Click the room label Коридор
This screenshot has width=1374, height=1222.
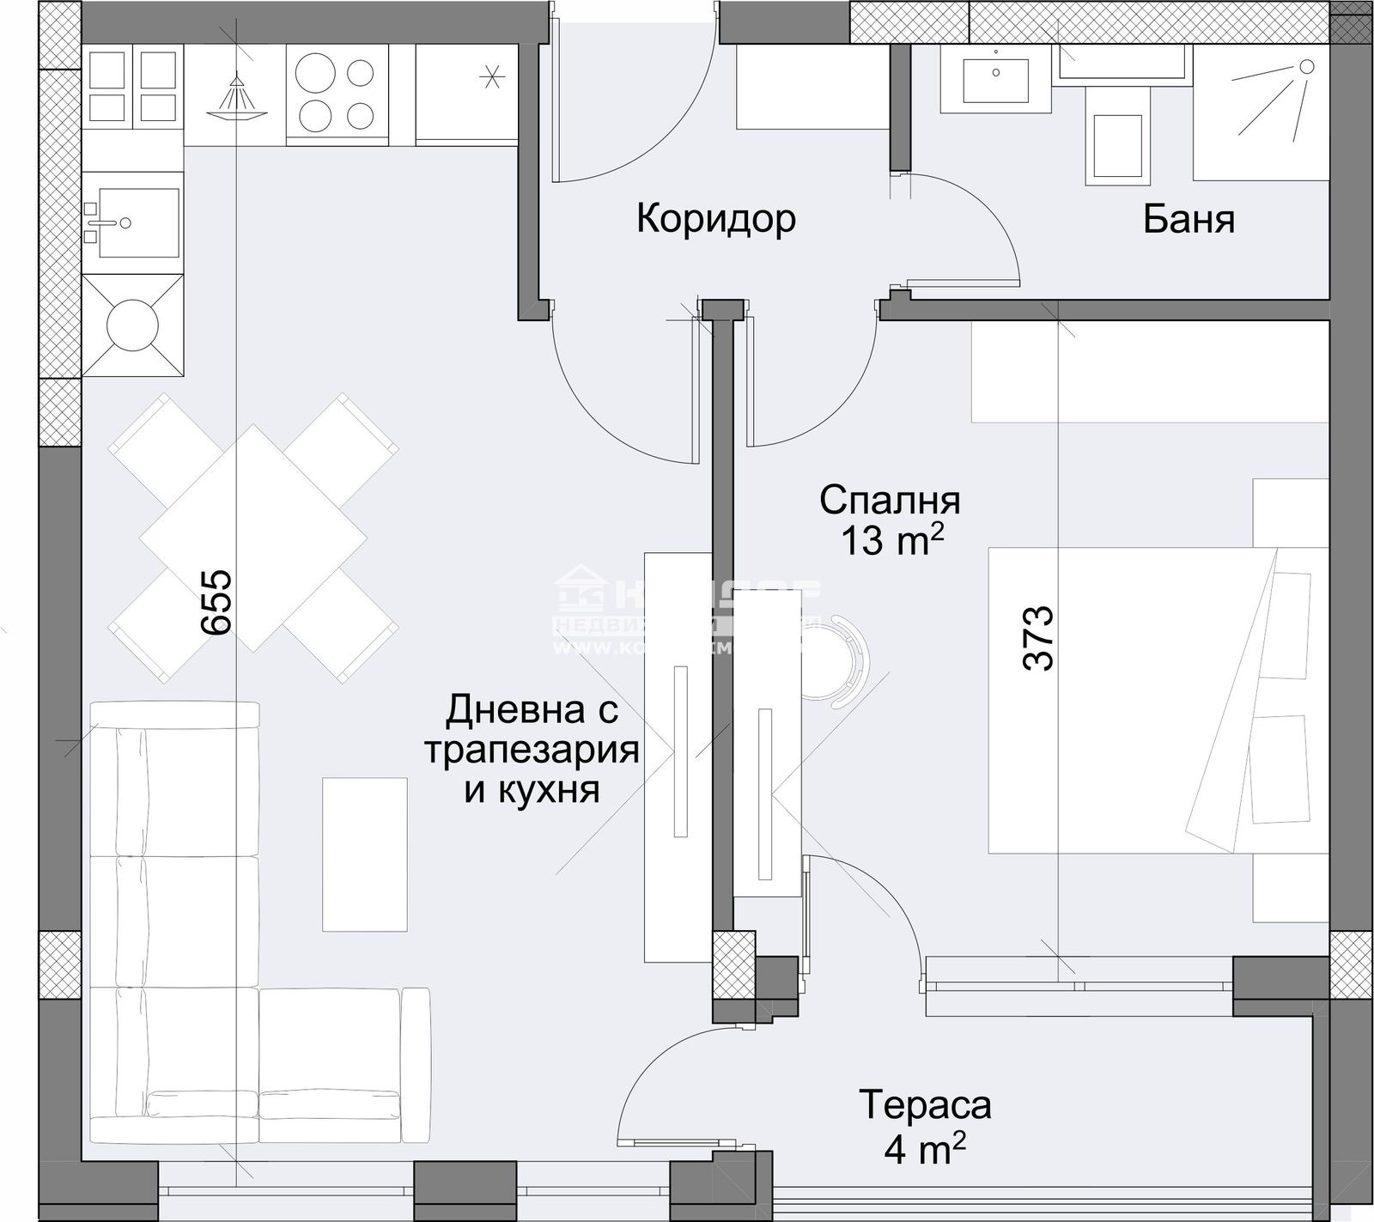coord(715,219)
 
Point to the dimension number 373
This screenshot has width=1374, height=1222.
coord(1038,638)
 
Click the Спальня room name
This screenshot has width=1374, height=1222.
coord(890,500)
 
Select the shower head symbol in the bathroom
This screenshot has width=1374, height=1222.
coord(1305,67)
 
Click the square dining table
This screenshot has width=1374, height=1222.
coord(254,538)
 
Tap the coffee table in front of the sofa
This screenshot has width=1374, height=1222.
coord(364,854)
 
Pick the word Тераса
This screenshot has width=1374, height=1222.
coord(925,1105)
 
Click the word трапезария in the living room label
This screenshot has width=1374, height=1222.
coord(532,751)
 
